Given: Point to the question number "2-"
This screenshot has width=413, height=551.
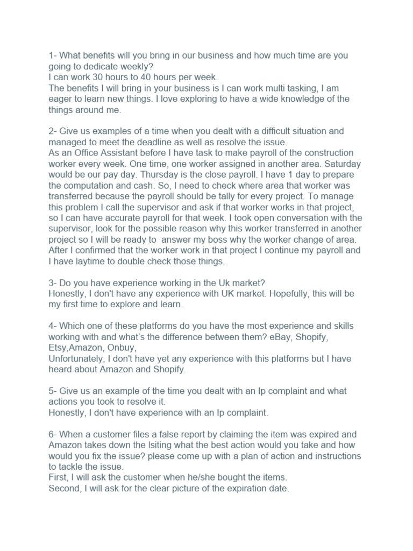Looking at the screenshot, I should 53,131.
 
